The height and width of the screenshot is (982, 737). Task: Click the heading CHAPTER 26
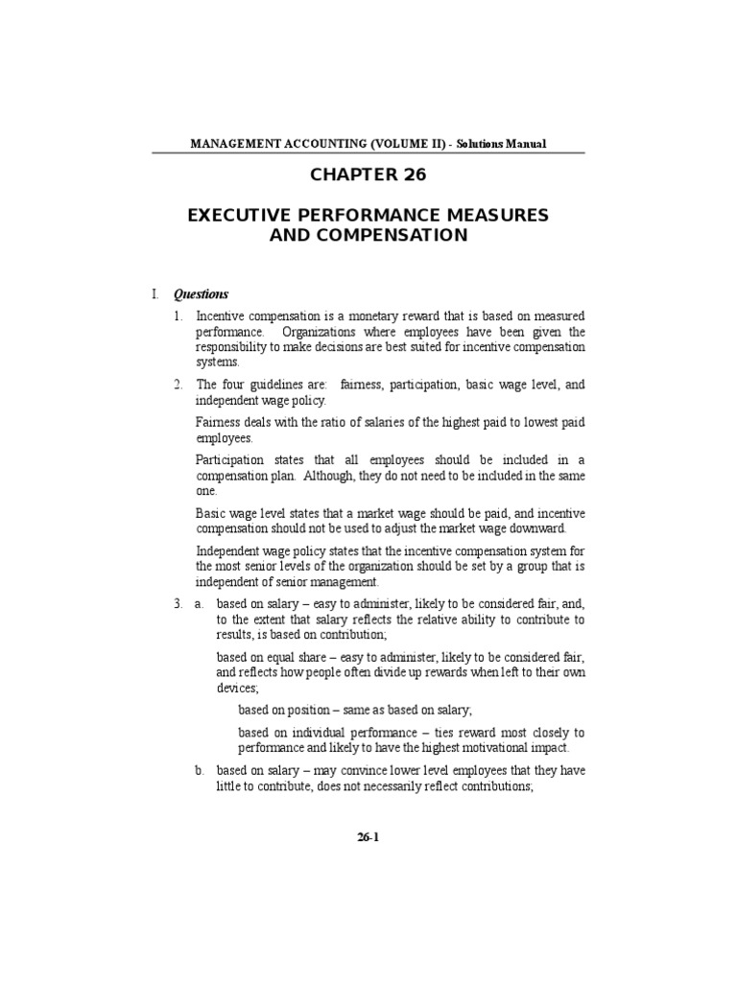[368, 175]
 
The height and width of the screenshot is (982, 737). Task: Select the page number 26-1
[368, 836]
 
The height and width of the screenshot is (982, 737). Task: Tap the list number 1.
[178, 316]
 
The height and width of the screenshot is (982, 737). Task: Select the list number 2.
[178, 385]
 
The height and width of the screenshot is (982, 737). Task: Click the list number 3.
[178, 605]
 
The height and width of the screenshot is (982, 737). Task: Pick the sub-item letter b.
[200, 770]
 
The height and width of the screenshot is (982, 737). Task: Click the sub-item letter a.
[200, 605]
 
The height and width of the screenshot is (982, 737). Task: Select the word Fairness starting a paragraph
[220, 423]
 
